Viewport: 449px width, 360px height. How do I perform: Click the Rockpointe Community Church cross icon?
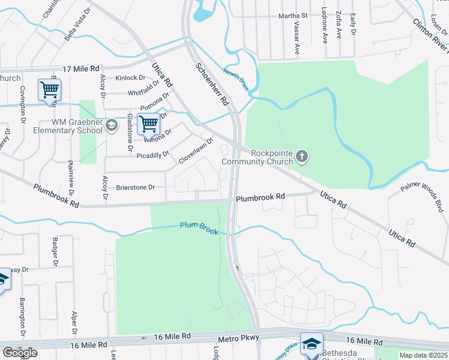(303, 157)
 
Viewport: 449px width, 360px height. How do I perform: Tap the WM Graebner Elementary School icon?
(111, 125)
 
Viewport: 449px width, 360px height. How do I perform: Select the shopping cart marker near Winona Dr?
(148, 124)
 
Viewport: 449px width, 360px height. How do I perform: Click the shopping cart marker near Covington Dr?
(49, 90)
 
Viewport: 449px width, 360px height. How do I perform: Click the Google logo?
(20, 353)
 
